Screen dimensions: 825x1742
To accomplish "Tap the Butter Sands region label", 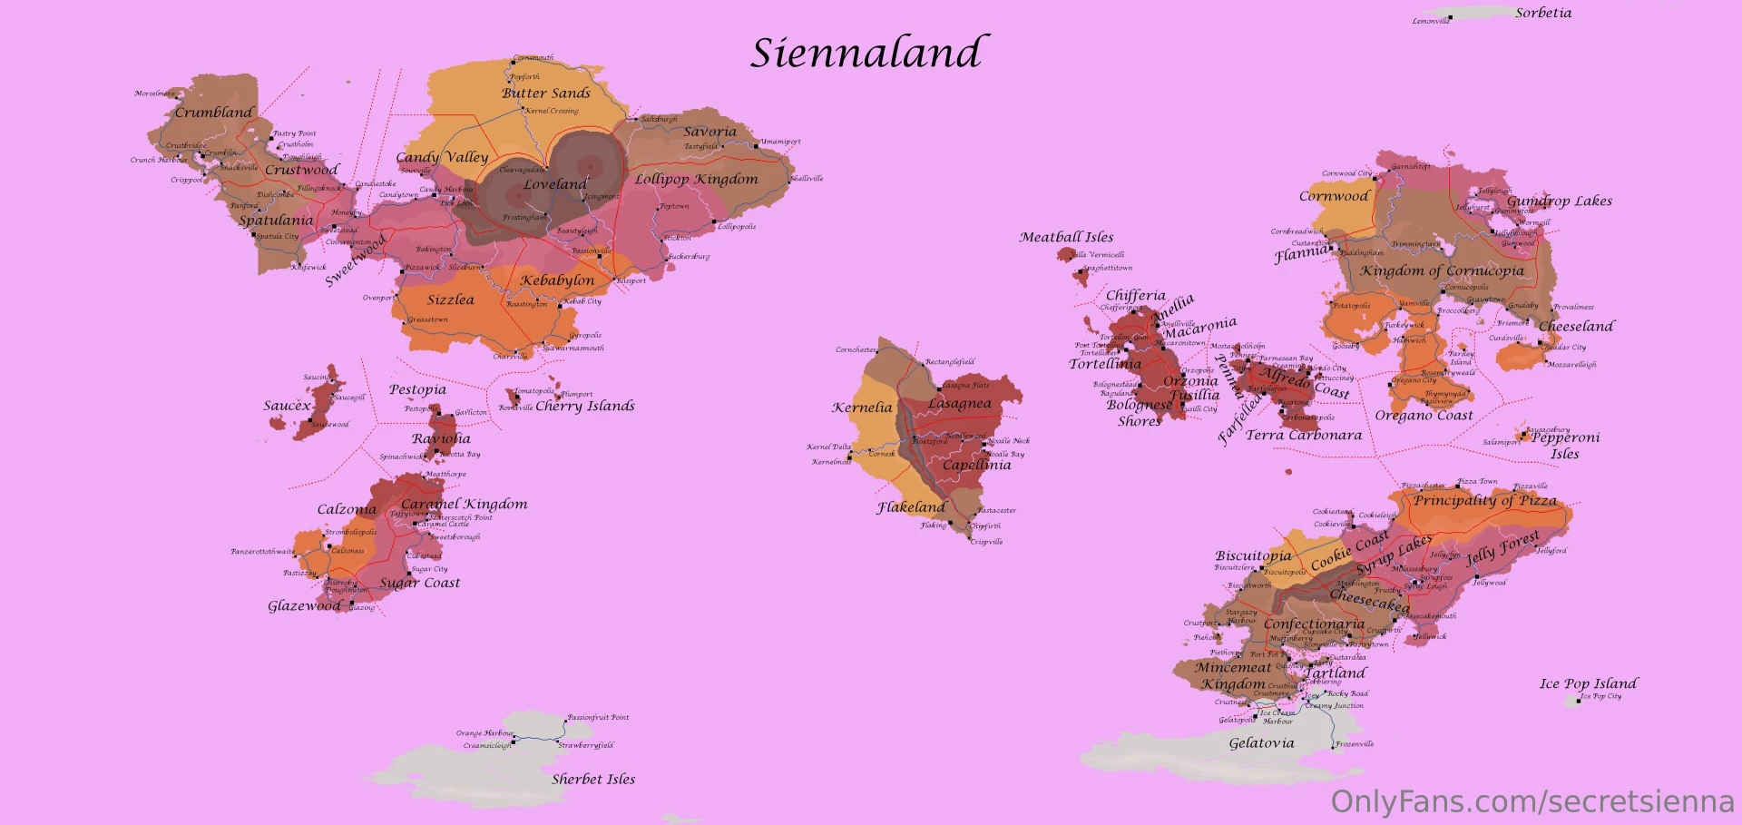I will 546,93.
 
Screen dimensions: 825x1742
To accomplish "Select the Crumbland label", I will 214,113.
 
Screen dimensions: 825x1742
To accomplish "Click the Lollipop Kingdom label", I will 696,179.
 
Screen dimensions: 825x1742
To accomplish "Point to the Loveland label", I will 555,184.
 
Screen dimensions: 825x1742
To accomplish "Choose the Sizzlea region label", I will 451,300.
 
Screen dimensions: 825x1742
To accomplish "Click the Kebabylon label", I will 557,280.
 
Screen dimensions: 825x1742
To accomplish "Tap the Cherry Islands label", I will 585,406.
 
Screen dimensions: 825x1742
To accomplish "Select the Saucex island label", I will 287,406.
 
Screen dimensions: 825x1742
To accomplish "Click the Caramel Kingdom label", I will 464,504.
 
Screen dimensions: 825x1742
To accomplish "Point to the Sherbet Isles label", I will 593,779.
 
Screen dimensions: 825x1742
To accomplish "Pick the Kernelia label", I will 862,408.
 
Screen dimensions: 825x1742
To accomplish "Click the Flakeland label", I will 911,507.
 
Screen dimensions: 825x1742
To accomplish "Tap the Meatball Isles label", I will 1066,237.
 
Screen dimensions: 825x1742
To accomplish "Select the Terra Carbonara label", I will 1304,436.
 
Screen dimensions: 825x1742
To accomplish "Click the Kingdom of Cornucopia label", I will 1442,270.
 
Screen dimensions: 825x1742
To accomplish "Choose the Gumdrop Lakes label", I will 1560,201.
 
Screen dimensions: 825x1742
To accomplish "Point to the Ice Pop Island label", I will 1588,683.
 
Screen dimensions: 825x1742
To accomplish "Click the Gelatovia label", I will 1261,743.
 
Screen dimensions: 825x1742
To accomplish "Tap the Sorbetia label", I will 1543,13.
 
